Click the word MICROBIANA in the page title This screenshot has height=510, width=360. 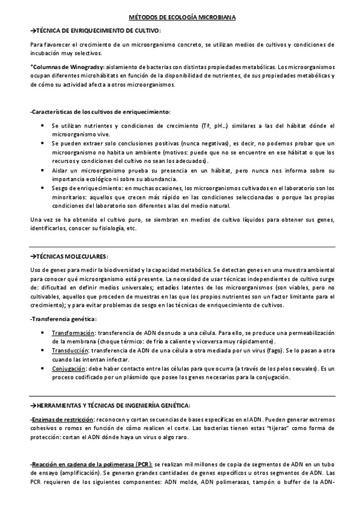tap(214, 18)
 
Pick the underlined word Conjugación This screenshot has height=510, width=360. tap(69, 367)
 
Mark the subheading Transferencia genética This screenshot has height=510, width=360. tap(63, 319)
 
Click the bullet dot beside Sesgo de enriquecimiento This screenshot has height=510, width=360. tap(41, 188)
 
